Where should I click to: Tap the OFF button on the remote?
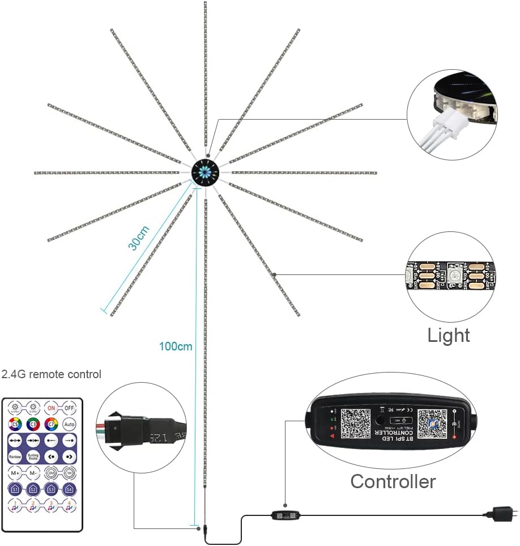[69, 408]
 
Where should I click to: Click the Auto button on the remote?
[69, 424]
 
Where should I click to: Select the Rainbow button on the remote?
[15, 456]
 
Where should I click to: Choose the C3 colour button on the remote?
[33, 424]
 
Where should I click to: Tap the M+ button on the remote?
[15, 472]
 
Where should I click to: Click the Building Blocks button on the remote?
[33, 456]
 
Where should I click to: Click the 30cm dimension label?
[139, 238]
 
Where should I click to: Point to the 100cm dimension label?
[176, 346]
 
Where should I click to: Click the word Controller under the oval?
[393, 481]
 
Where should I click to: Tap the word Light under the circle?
[449, 335]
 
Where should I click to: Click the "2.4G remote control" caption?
[52, 374]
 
